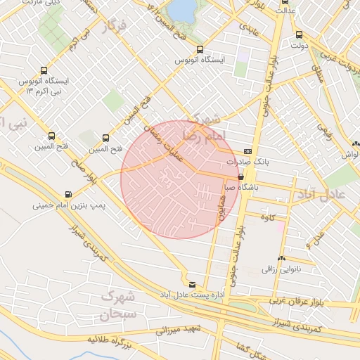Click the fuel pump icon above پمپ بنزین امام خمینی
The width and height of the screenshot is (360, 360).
click(x=68, y=195)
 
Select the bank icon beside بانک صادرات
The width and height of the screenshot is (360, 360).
click(x=247, y=151)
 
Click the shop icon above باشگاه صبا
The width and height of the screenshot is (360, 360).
click(x=242, y=177)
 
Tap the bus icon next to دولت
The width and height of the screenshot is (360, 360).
click(x=300, y=34)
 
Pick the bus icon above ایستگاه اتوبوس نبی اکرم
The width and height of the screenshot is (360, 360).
click(x=44, y=70)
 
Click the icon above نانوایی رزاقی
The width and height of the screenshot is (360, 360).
click(x=283, y=258)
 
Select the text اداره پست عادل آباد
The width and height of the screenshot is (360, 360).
click(x=189, y=293)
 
